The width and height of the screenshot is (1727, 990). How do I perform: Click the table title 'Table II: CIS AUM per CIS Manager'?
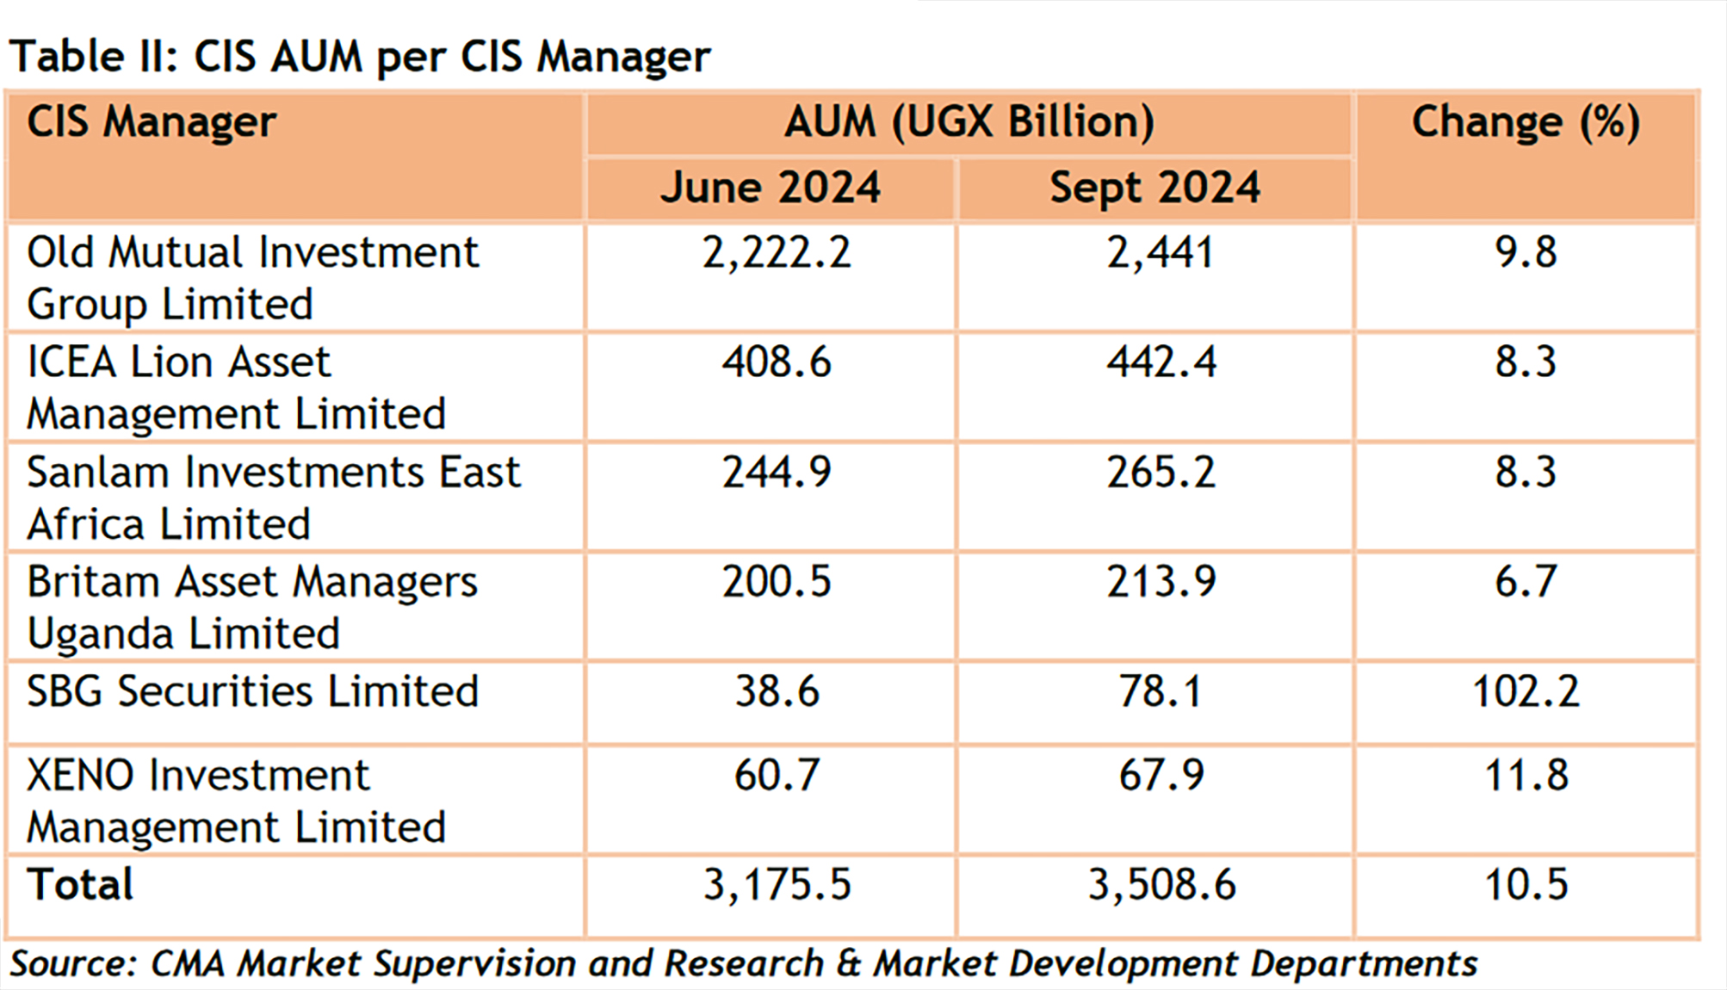(x=360, y=57)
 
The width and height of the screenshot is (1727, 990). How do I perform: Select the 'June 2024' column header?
(x=771, y=188)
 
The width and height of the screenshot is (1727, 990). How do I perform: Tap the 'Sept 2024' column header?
(x=1154, y=188)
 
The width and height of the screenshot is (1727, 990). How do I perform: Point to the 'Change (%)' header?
(x=1526, y=122)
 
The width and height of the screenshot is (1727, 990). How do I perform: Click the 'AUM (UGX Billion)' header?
(x=969, y=122)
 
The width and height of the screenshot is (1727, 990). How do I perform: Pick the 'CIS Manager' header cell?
(x=152, y=122)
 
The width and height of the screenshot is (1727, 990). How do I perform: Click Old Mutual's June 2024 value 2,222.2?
(x=777, y=253)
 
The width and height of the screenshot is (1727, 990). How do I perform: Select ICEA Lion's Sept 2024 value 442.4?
(x=1161, y=362)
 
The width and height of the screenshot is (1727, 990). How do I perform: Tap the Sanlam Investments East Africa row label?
(x=273, y=498)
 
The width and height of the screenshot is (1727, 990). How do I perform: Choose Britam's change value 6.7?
(x=1526, y=582)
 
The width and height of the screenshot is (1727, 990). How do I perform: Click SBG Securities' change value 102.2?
(x=1526, y=691)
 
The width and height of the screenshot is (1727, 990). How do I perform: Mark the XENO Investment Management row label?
(x=236, y=801)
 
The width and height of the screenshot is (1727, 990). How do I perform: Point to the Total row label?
(x=80, y=885)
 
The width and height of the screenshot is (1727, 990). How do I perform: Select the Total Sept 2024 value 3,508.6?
(x=1161, y=885)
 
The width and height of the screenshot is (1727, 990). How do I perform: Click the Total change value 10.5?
(x=1526, y=885)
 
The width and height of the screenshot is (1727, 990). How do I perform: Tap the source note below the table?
(x=743, y=964)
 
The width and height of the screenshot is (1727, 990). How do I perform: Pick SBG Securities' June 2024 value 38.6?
(x=777, y=691)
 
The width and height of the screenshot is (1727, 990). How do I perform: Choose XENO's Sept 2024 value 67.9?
(x=1161, y=776)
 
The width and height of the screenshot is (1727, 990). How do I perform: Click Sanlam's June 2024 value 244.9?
(x=777, y=473)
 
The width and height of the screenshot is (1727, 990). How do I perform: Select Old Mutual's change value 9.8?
(x=1526, y=253)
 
